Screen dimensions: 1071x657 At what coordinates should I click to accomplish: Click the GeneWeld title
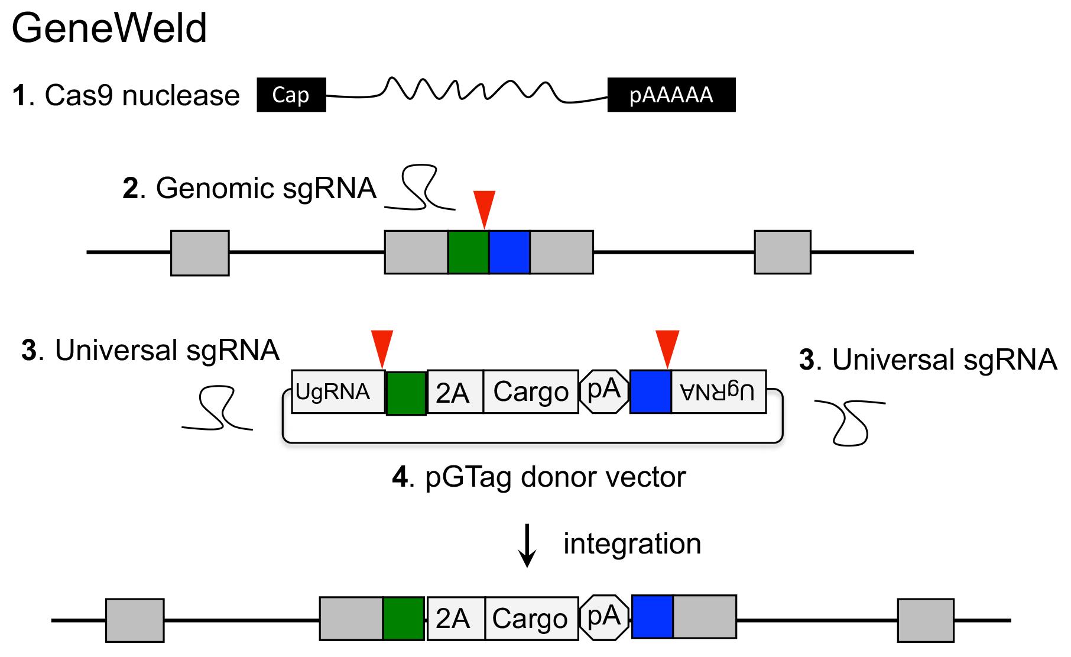(109, 28)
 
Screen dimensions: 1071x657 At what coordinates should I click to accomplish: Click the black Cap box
(291, 95)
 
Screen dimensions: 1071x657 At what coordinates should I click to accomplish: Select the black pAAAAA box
(671, 95)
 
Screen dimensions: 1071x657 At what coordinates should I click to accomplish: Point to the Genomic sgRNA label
(249, 188)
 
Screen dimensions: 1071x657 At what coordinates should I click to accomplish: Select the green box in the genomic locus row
(468, 252)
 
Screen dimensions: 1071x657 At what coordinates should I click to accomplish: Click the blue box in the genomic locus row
(509, 252)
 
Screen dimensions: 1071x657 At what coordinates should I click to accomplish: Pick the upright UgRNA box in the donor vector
(338, 391)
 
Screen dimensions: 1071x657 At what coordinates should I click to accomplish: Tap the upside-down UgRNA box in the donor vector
(719, 391)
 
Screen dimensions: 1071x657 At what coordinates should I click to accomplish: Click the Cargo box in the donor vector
(531, 391)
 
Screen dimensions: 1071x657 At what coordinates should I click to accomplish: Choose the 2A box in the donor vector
(455, 391)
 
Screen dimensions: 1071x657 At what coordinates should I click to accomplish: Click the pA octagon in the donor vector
(604, 391)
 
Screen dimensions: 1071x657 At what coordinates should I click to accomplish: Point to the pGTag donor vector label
(539, 477)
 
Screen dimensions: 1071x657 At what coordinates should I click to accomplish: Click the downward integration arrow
(527, 545)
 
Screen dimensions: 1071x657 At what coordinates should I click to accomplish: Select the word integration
(632, 543)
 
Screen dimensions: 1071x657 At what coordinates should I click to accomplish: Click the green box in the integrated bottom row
(404, 619)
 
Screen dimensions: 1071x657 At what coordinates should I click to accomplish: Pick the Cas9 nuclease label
(126, 95)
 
